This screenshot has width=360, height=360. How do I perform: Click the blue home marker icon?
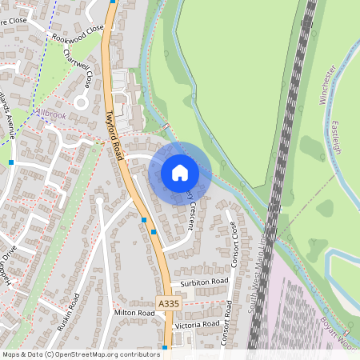click(x=180, y=172)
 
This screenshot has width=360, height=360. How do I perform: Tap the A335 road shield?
click(x=168, y=304)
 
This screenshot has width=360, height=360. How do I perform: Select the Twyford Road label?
click(x=115, y=135)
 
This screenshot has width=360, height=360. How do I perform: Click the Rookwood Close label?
click(x=78, y=33)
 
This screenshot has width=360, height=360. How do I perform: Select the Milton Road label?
click(x=134, y=313)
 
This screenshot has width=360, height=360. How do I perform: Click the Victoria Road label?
click(x=199, y=325)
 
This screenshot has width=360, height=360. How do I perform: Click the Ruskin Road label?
click(x=68, y=312)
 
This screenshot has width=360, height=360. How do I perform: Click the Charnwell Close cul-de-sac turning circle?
click(x=80, y=102)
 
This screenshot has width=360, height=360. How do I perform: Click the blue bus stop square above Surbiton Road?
click(x=154, y=232)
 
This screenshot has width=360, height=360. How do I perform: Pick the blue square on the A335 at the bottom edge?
click(x=164, y=348)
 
